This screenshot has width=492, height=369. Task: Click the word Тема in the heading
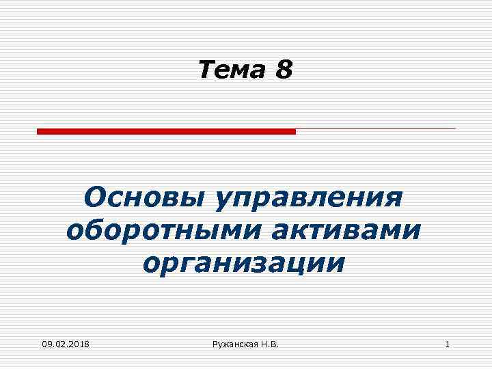pyautogui.click(x=232, y=70)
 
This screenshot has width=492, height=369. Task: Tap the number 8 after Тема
pyautogui.click(x=284, y=70)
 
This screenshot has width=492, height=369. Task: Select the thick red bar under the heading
pyautogui.click(x=166, y=131)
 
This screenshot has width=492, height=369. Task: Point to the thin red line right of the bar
pyautogui.click(x=375, y=128)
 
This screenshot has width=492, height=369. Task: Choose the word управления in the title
pyautogui.click(x=308, y=199)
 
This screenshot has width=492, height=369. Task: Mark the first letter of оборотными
pyautogui.click(x=74, y=231)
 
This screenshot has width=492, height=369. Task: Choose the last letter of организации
pyautogui.click(x=336, y=262)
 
